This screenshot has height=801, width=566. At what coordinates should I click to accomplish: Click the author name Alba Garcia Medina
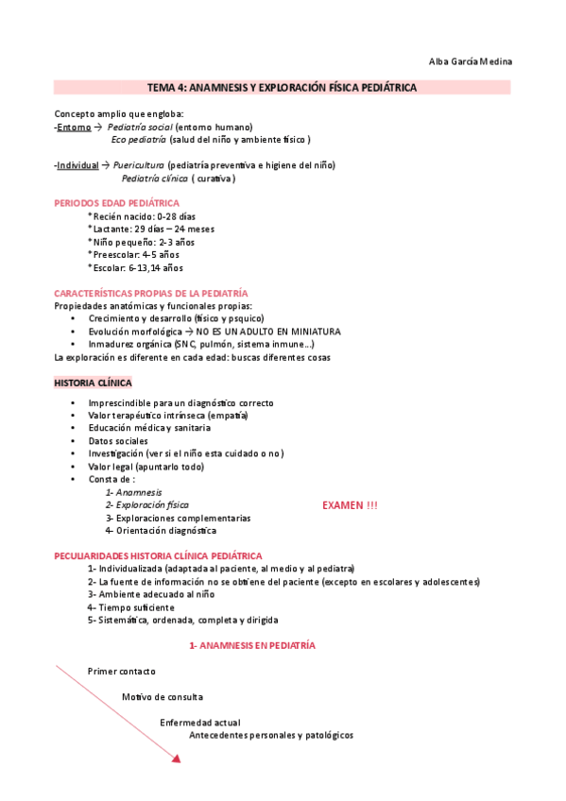tap(471, 62)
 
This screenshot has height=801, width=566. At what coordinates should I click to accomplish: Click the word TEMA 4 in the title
tap(164, 88)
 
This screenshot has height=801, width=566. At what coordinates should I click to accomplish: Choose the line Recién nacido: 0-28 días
tap(141, 216)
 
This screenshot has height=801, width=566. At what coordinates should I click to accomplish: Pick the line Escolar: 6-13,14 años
tap(135, 267)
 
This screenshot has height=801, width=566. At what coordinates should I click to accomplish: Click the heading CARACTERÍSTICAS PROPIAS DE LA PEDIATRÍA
tap(151, 294)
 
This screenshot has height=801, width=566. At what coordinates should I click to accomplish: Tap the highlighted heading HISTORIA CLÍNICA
tap(94, 383)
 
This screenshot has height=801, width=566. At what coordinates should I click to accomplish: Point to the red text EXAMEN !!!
tap(350, 506)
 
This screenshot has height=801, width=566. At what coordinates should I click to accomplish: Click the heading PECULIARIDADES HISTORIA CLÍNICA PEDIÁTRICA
tap(158, 556)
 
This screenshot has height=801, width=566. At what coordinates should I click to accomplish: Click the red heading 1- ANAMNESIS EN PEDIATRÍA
tap(252, 645)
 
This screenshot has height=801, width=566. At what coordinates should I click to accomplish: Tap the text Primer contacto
tap(122, 671)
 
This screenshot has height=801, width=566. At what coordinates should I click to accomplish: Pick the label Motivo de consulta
tap(163, 697)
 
